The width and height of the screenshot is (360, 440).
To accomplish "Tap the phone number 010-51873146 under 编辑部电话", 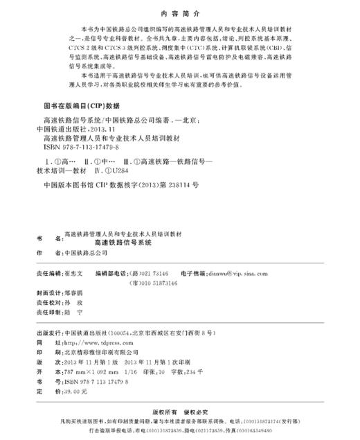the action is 161,284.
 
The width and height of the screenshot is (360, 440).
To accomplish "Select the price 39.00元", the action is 69,392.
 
